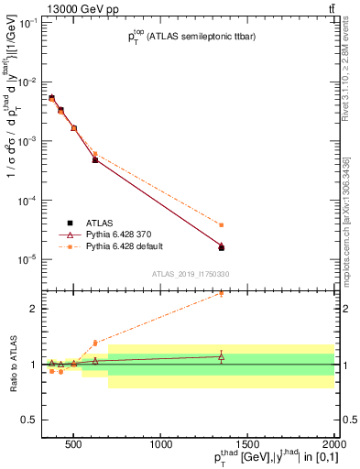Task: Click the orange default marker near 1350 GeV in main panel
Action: click(222, 224)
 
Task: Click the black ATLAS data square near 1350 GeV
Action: click(222, 247)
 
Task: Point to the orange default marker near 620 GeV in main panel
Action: click(95, 154)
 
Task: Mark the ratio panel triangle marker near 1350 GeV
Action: click(222, 356)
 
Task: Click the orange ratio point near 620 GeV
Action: click(95, 343)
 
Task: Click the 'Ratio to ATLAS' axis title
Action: click(13, 364)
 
